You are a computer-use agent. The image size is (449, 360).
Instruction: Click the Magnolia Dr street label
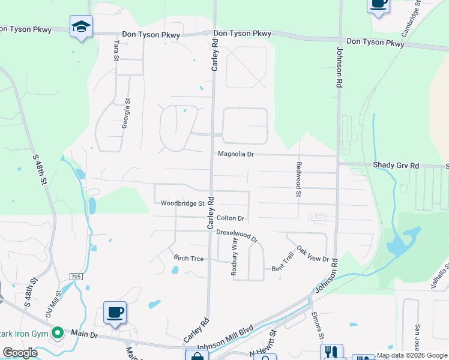[236, 154]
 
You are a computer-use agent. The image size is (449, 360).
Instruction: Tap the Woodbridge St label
[183, 203]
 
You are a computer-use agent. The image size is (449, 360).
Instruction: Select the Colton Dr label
[231, 218]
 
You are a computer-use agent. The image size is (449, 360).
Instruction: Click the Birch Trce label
[188, 259]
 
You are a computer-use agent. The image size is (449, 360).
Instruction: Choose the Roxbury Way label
[235, 256]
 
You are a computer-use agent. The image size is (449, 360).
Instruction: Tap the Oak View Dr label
[313, 255]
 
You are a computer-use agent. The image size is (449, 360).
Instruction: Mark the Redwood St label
[298, 178]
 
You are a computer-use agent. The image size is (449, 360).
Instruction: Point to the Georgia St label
[126, 113]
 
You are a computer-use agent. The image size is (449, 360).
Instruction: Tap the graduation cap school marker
[81, 26]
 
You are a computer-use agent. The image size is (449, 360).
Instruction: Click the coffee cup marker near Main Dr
[115, 312]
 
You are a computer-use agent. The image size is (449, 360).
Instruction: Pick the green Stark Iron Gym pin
[58, 332]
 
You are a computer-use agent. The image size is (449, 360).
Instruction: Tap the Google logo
[20, 353]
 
